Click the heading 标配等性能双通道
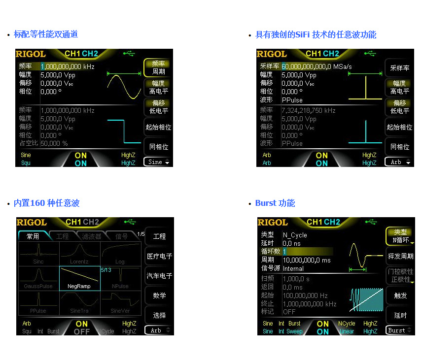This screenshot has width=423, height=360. pyautogui.click(x=45, y=34)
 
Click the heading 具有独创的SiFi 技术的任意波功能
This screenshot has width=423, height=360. pyautogui.click(x=316, y=34)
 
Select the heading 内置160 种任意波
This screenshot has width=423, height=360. pyautogui.click(x=46, y=203)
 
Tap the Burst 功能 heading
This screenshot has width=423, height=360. pyautogui.click(x=275, y=203)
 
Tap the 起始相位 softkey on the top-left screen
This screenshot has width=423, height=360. pyautogui.click(x=158, y=127)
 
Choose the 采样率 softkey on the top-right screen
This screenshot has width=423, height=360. pyautogui.click(x=399, y=68)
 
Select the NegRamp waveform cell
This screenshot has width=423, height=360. pyautogui.click(x=79, y=278)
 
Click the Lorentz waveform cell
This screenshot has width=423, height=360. pyautogui.click(x=79, y=254)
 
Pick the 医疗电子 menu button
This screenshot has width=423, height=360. pyautogui.click(x=159, y=257)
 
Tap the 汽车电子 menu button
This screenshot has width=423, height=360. pyautogui.click(x=159, y=276)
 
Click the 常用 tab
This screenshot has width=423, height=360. pyautogui.click(x=33, y=236)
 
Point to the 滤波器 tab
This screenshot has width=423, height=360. pyautogui.click(x=92, y=236)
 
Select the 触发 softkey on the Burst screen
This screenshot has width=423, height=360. pyautogui.click(x=400, y=295)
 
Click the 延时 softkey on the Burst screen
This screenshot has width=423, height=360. pyautogui.click(x=400, y=315)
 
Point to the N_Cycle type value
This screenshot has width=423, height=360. pyautogui.click(x=295, y=235)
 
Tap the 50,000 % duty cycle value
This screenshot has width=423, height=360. pyautogui.click(x=54, y=143)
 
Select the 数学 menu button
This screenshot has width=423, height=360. pyautogui.click(x=159, y=296)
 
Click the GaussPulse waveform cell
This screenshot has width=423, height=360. pyautogui.click(x=38, y=278)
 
